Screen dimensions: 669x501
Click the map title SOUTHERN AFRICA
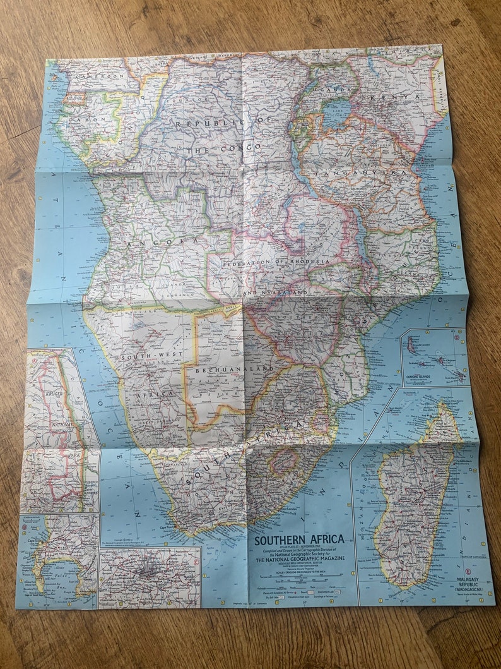[299, 539]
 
